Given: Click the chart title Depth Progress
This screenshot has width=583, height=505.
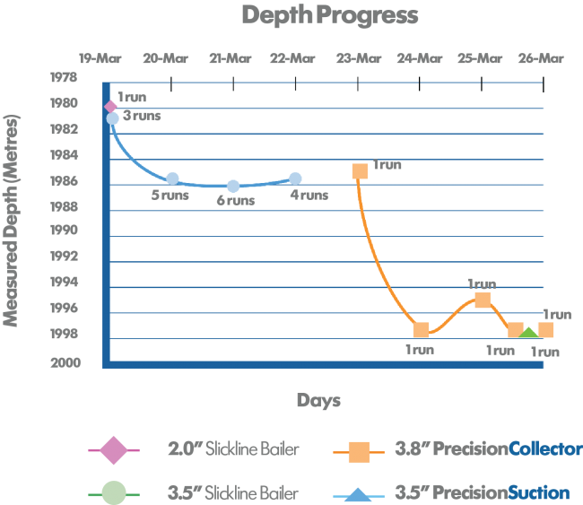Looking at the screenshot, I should pyautogui.click(x=329, y=16).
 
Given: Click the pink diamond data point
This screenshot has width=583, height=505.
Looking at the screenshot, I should pyautogui.click(x=111, y=107).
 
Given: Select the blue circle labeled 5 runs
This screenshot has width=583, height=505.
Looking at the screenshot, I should pyautogui.click(x=172, y=178).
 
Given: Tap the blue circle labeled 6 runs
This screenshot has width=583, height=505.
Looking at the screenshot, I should pyautogui.click(x=233, y=186).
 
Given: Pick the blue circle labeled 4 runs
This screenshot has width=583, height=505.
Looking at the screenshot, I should pyautogui.click(x=295, y=178).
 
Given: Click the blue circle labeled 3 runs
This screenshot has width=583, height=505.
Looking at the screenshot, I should pyautogui.click(x=112, y=118).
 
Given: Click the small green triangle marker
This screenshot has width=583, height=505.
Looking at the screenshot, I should pyautogui.click(x=528, y=333).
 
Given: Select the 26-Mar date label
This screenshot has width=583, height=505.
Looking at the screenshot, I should pyautogui.click(x=540, y=59).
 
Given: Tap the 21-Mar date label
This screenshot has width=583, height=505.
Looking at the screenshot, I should pyautogui.click(x=231, y=59).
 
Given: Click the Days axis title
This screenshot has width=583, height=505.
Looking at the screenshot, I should pyautogui.click(x=318, y=400).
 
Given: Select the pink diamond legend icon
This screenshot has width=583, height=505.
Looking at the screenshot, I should pyautogui.click(x=113, y=449).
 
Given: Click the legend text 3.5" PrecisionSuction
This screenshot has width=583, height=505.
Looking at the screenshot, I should pyautogui.click(x=482, y=492).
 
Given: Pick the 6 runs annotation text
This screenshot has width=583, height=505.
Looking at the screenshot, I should pyautogui.click(x=235, y=201).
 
